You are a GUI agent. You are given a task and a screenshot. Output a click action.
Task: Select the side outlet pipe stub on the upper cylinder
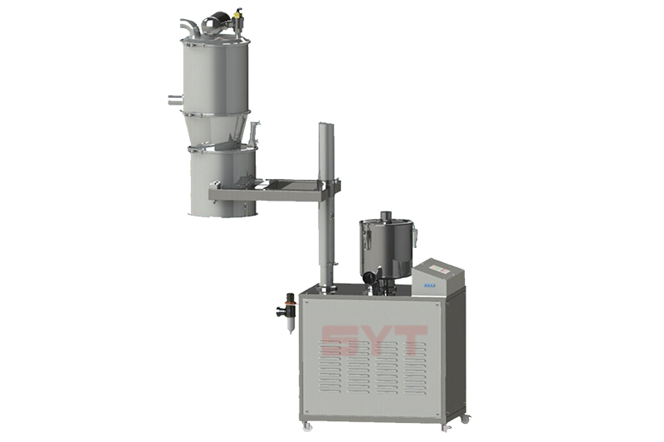173,100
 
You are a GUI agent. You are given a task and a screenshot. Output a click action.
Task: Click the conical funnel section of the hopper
219,129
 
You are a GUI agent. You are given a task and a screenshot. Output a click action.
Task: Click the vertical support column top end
326,126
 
